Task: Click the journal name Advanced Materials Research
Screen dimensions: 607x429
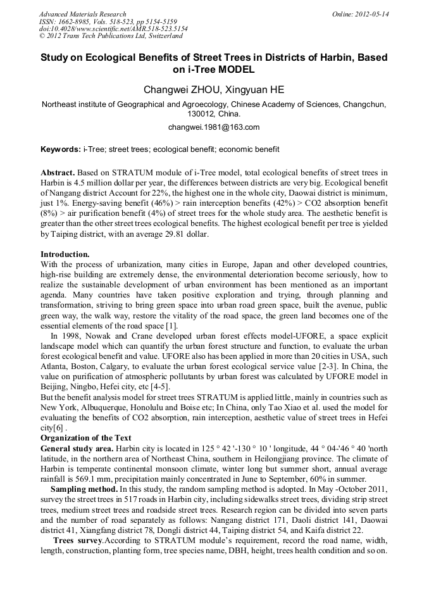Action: click(x=83, y=14)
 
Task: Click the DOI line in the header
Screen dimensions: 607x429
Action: click(x=113, y=29)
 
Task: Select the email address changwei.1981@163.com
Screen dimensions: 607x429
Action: click(x=214, y=127)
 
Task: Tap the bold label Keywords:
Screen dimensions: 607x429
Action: click(x=61, y=150)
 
